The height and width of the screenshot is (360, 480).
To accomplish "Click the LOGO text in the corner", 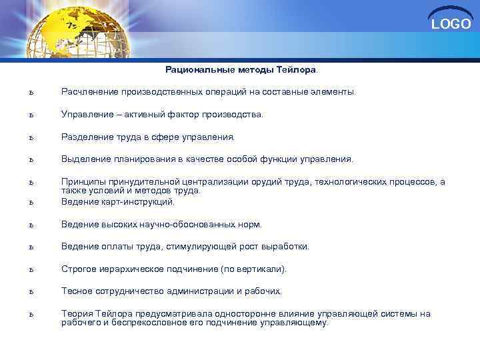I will click(451, 25).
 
